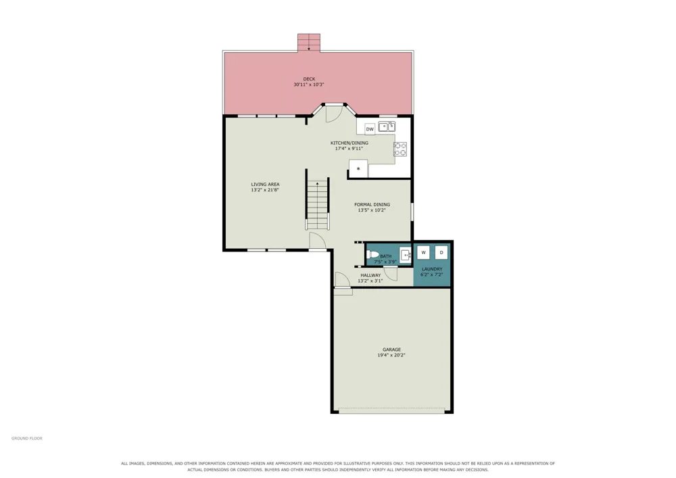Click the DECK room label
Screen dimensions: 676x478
tap(309, 79)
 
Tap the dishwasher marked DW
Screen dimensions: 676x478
tap(370, 129)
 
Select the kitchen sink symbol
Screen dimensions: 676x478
tap(387, 126)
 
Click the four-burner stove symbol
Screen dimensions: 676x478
tap(400, 149)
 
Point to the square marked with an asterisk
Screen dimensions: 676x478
tap(358, 168)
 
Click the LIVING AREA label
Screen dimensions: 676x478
tap(265, 184)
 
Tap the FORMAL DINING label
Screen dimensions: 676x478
tap(372, 205)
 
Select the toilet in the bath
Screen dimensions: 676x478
tap(372, 255)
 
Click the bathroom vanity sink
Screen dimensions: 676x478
tap(406, 255)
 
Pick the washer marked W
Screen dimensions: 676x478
tap(423, 253)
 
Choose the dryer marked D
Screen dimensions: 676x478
tap(441, 253)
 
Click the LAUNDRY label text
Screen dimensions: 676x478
tap(432, 269)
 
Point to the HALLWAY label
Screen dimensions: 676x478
tap(370, 275)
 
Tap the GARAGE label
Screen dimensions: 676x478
tap(392, 350)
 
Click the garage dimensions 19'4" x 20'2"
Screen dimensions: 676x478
tap(391, 356)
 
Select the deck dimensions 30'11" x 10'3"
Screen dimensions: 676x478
tap(309, 85)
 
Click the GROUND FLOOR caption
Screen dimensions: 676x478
tap(27, 438)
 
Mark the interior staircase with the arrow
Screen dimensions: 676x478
tap(318, 205)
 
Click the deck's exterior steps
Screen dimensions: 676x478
tap(309, 43)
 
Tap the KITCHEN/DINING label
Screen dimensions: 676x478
tap(349, 143)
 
